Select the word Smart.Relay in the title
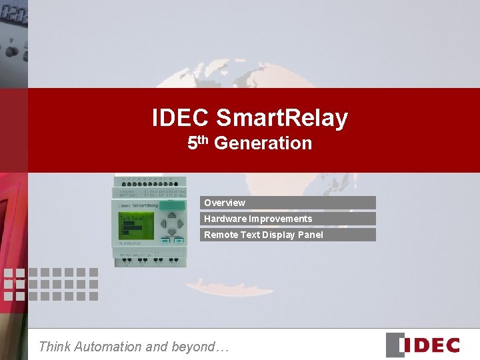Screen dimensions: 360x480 (x=281, y=118)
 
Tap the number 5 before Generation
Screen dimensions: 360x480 (x=192, y=143)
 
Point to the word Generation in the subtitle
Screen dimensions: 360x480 (x=263, y=143)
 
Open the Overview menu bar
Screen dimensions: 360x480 (x=288, y=203)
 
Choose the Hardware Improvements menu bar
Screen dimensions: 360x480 (x=288, y=219)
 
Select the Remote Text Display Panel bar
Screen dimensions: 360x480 (x=288, y=235)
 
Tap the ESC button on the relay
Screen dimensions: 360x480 (x=165, y=240)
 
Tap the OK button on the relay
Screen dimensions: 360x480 (x=179, y=240)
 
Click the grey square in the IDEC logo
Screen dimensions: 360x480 (x=395, y=345)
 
